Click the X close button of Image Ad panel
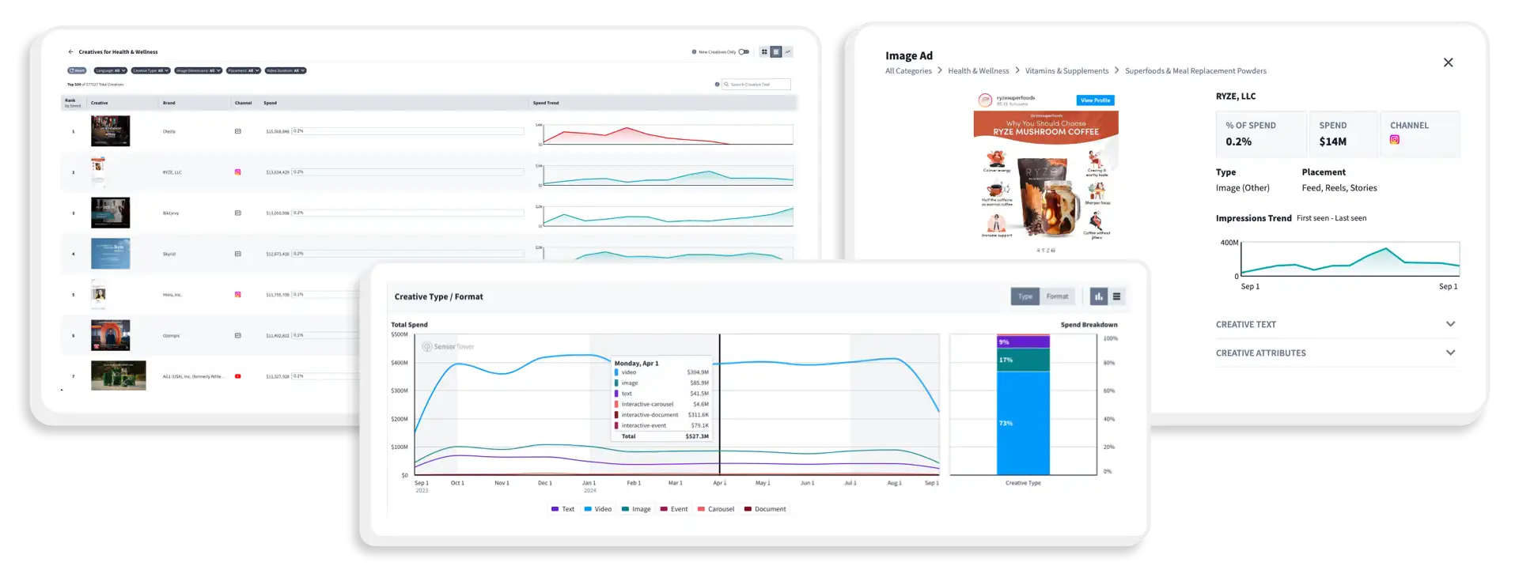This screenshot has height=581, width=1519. (1448, 62)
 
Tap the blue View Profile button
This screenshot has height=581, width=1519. (1096, 100)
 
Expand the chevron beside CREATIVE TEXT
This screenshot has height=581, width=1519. (1450, 324)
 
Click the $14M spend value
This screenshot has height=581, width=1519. (1332, 141)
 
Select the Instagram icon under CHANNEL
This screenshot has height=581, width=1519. (1395, 140)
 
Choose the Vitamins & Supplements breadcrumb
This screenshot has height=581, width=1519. (1066, 71)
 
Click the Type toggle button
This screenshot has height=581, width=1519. (1025, 296)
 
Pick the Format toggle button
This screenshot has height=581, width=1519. (1057, 296)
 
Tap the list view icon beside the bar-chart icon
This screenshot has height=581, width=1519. (1116, 296)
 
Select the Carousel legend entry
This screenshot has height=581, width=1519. (716, 509)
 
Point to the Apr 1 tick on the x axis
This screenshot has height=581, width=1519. (719, 482)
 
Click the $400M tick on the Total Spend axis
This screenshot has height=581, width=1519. (400, 363)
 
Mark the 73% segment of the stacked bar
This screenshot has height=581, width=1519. (1023, 423)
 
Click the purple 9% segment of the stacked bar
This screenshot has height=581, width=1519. (1023, 341)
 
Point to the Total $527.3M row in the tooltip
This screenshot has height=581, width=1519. (663, 436)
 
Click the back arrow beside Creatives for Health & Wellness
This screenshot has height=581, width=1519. (70, 52)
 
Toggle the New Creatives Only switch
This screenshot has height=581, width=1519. (744, 52)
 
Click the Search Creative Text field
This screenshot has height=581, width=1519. (757, 85)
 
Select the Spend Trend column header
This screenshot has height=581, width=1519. (546, 103)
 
